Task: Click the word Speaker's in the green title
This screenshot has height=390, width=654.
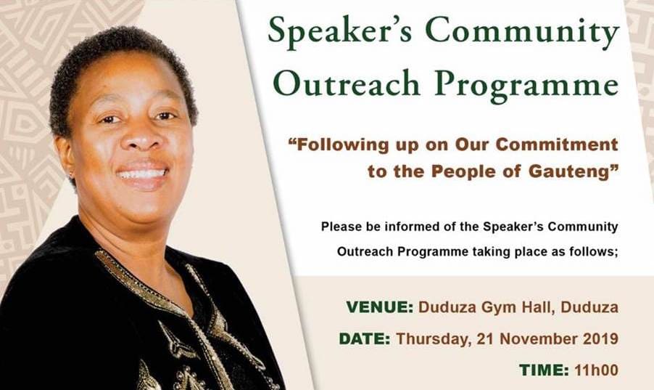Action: coord(339,32)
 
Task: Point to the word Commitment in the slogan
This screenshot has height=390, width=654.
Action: coord(558,145)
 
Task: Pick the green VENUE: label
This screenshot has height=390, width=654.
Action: coord(379,307)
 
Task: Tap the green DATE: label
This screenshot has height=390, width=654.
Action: coord(365,338)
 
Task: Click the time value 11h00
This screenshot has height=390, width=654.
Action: coord(597,370)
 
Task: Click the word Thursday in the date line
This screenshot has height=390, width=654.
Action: coord(431,339)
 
